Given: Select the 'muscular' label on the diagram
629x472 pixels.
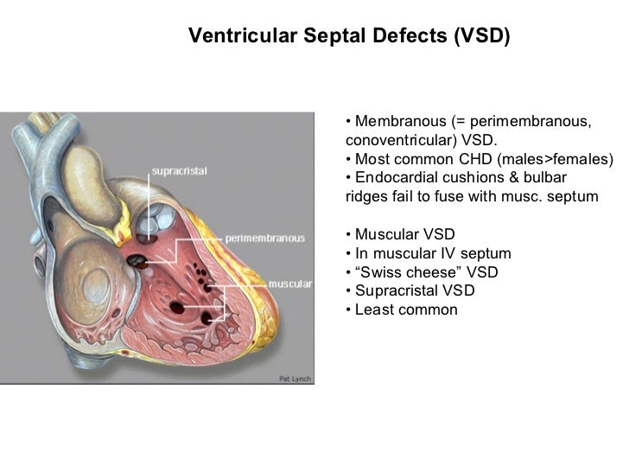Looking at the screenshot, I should point(290,283).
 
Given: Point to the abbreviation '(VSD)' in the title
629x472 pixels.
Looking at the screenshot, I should point(480,36).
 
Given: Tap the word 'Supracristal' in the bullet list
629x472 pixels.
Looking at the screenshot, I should point(397,290).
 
